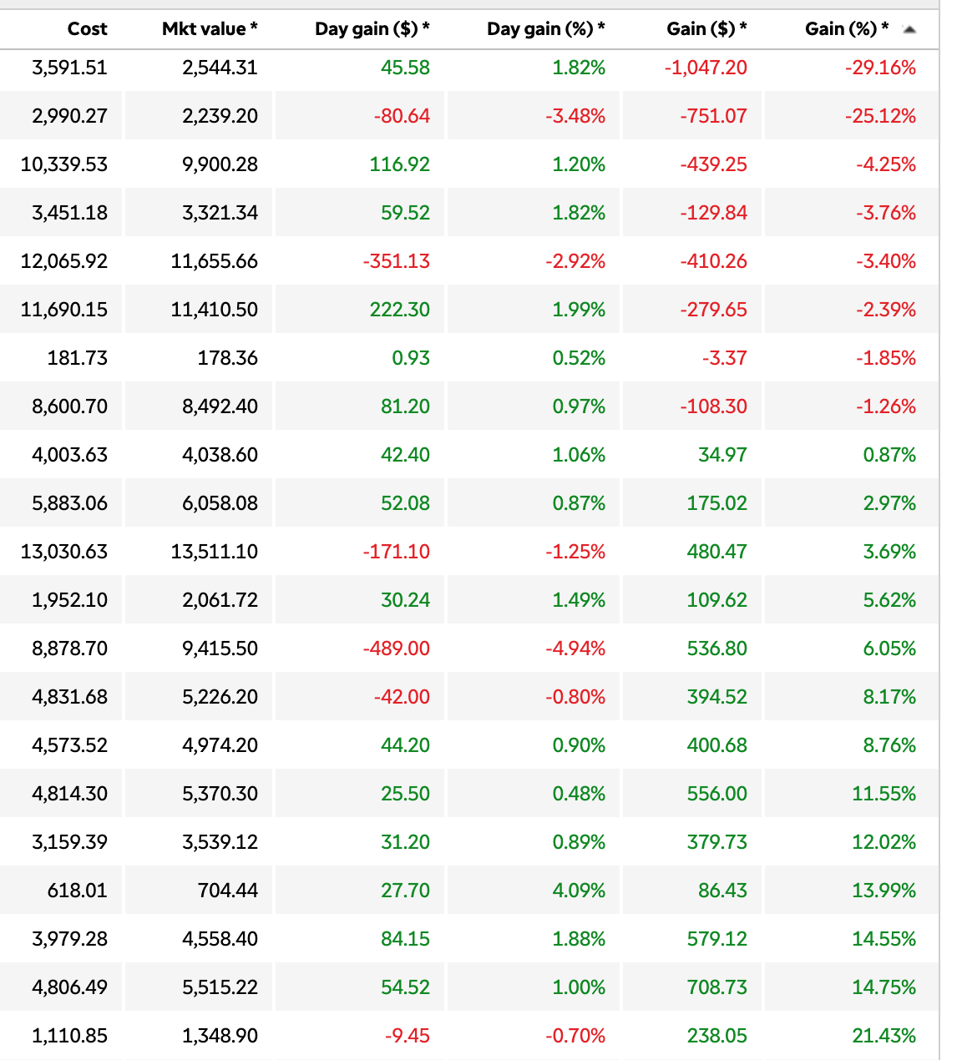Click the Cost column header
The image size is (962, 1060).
tap(87, 29)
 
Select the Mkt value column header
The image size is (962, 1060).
tap(210, 29)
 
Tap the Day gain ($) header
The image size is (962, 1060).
tap(372, 29)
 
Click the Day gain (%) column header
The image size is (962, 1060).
tap(545, 29)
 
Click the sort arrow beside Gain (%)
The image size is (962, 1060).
tap(909, 30)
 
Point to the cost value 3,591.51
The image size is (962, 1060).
tap(70, 68)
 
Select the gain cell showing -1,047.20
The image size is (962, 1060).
tap(706, 68)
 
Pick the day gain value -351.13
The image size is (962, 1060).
tap(397, 261)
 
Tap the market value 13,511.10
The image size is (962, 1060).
tap(215, 552)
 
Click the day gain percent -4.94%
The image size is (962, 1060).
tap(575, 649)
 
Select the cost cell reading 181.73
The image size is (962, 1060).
tap(78, 358)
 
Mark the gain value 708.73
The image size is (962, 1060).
tap(716, 987)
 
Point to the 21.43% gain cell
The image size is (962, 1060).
tap(884, 1036)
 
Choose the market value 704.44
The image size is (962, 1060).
tap(228, 891)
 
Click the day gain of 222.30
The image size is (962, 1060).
tap(400, 310)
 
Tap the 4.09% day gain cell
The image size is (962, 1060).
tap(579, 891)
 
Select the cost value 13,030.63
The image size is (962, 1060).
tap(64, 552)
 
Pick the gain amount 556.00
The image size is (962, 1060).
tap(716, 794)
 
